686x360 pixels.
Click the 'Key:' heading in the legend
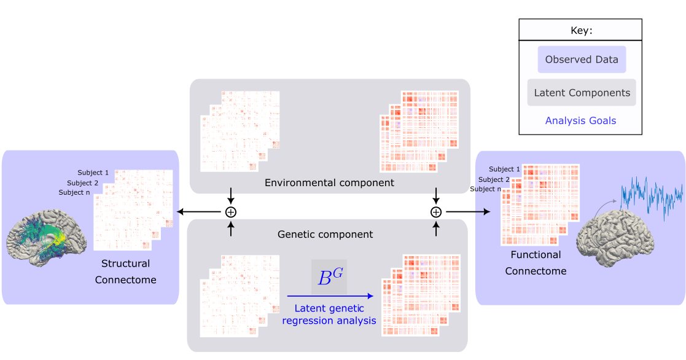coord(580,31)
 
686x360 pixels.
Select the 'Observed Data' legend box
coord(582,60)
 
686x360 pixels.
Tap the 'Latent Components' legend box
coord(582,93)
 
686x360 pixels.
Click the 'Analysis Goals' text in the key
coord(580,120)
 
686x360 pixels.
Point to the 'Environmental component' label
coord(329,182)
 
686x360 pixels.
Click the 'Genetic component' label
coord(325,234)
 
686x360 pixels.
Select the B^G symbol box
coord(329,277)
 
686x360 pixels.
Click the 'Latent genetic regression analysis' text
coord(329,314)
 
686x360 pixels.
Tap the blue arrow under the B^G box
coord(330,296)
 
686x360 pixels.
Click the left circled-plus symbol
coord(231,212)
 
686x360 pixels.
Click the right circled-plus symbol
coord(436,212)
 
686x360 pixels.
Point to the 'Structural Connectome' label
coord(125,272)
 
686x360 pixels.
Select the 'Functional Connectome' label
coord(536,262)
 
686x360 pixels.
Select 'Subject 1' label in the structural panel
coord(93,173)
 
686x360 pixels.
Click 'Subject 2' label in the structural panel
coord(83,182)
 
